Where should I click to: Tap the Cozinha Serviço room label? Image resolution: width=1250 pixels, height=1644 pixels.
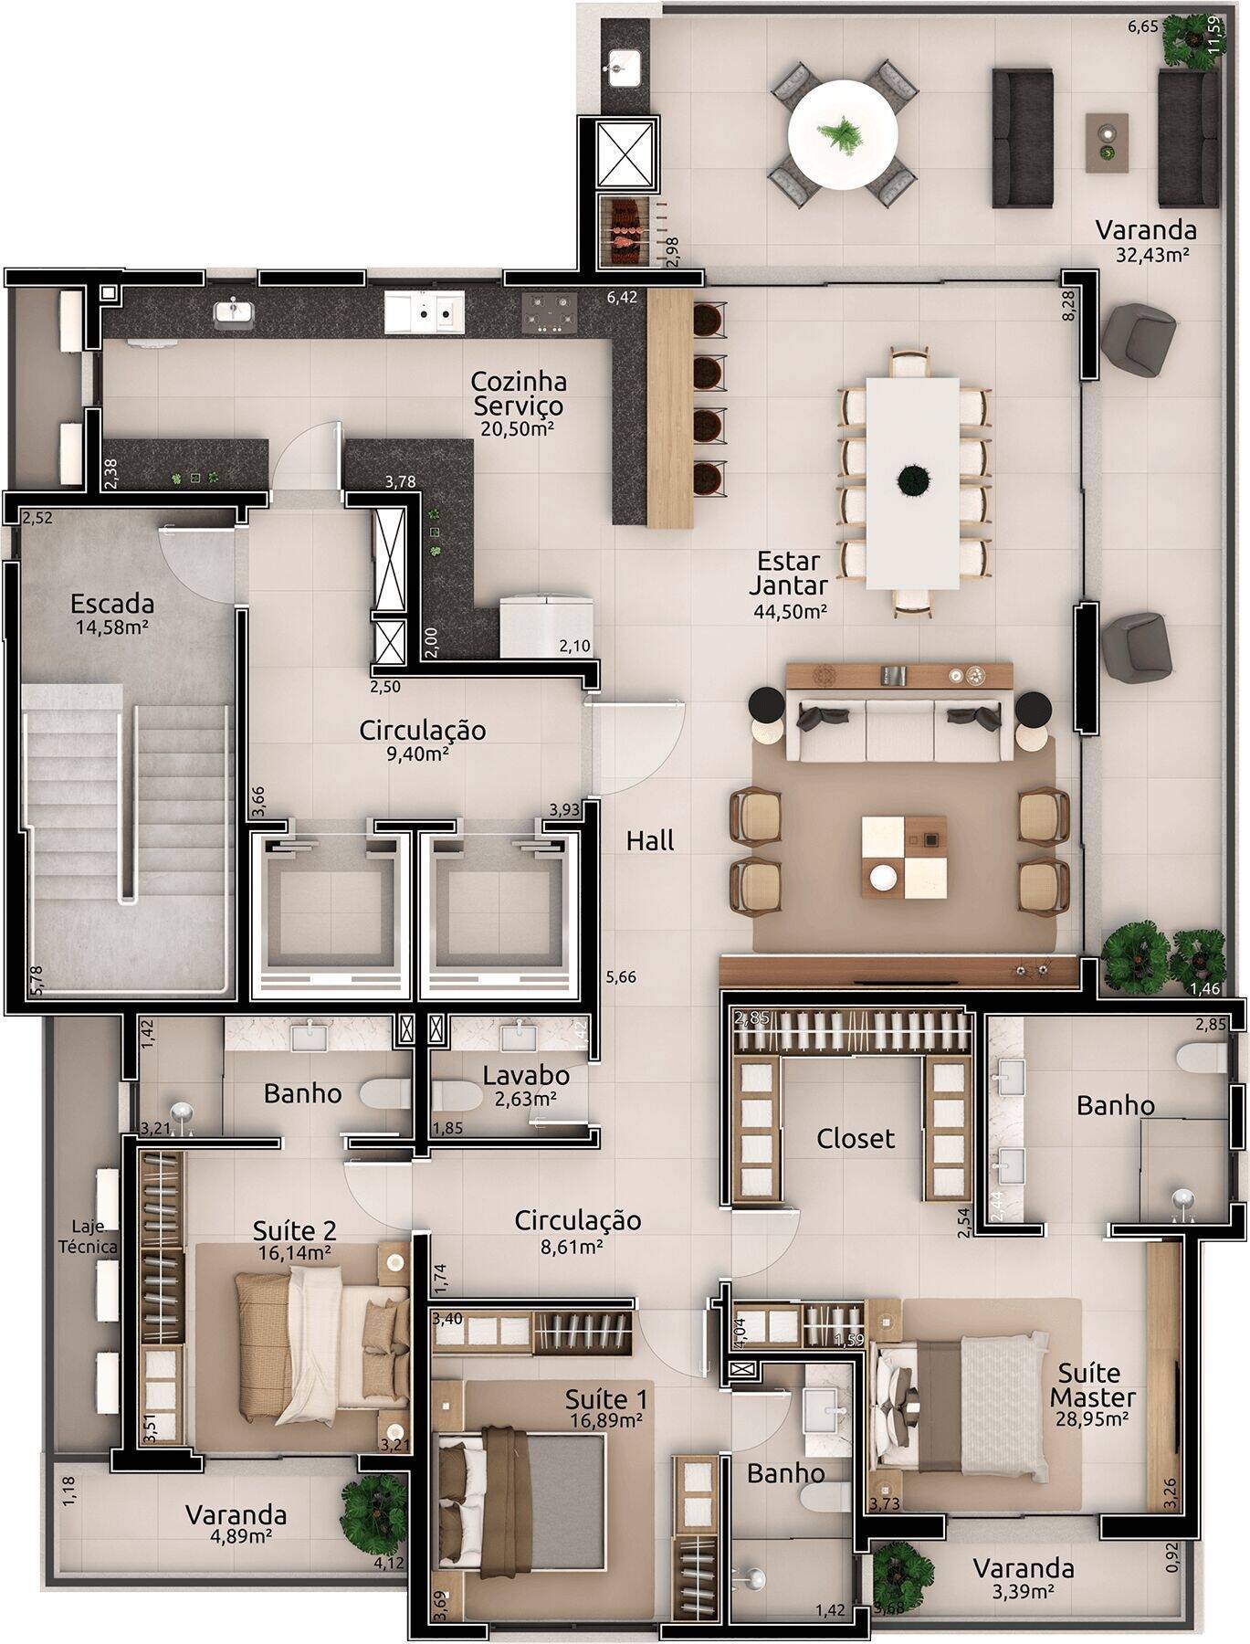pos(518,393)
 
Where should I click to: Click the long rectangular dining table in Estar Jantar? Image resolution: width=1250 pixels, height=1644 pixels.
pos(913,484)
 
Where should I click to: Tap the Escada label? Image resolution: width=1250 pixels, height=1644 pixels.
pos(111,604)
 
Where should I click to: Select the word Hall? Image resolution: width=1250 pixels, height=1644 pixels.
pos(650,840)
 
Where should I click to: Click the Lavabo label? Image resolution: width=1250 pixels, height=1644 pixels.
pos(527,1074)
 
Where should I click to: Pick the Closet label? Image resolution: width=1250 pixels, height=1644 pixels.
pos(856,1138)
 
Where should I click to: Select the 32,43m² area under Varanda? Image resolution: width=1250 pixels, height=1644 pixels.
pos(1152,255)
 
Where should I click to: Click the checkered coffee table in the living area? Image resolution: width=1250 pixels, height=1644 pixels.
pos(903,857)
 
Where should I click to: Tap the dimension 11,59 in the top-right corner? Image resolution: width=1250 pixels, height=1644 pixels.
pos(1214,35)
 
